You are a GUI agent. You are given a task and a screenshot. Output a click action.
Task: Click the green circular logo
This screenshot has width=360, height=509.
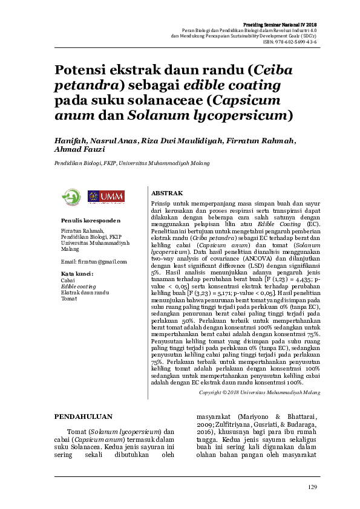pos(72,196)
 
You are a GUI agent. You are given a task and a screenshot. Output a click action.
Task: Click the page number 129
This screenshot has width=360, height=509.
pos(312,487)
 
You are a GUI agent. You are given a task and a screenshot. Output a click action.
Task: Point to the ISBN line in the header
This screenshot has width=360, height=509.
pos(289,42)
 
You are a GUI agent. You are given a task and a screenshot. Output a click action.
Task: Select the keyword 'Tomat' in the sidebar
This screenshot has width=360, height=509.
pos(68,299)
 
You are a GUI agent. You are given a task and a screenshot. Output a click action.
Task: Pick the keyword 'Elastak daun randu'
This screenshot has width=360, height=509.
pos(85,293)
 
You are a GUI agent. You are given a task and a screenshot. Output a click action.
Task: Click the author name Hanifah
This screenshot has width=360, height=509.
pos(71,140)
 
